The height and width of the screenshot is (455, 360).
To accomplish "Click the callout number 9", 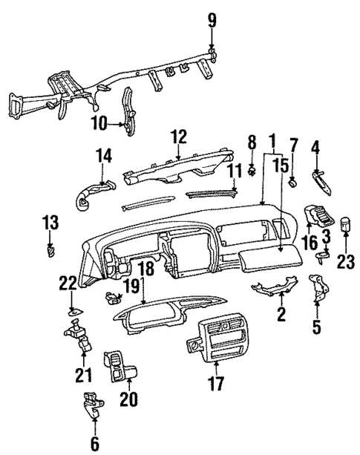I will coord(212,20).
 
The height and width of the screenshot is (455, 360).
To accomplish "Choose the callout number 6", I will coord(94,444).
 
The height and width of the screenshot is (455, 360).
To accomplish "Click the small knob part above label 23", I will coord(346,226).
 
